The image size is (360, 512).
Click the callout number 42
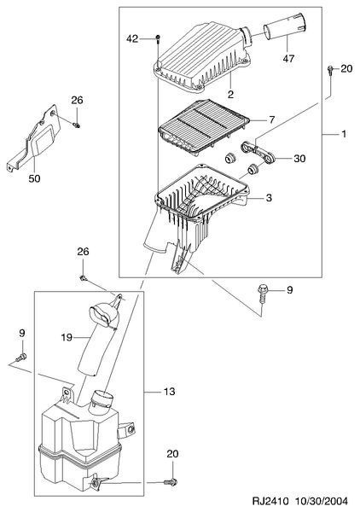tap(132, 39)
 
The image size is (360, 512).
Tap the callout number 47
tap(288, 58)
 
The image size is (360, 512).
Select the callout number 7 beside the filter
tap(272, 119)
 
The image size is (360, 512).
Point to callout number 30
tap(299, 159)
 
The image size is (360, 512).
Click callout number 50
tap(34, 178)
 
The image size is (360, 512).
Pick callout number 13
tap(170, 391)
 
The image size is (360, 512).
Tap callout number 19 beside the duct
tap(67, 337)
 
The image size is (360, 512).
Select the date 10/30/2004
tap(322, 501)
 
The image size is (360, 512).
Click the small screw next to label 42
tap(158, 39)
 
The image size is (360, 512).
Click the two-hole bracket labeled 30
tap(258, 154)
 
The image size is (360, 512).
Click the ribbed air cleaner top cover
tap(201, 55)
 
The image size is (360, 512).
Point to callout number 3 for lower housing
tap(269, 198)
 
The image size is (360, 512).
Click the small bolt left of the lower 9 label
tap(20, 357)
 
